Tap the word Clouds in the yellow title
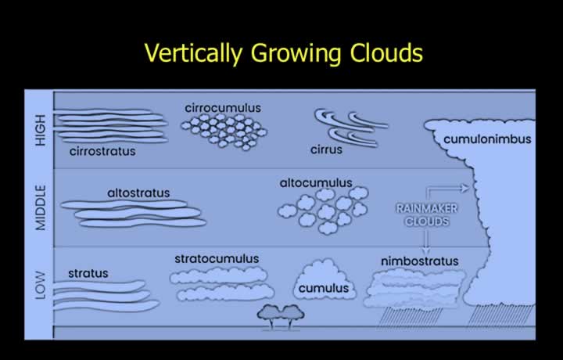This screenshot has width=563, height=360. [386, 52]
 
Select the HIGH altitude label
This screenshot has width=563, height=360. [41, 130]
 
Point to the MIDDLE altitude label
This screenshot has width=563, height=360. [41, 207]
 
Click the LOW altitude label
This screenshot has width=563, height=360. [41, 286]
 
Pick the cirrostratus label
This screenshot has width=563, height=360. [102, 151]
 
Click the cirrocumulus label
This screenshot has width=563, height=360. [223, 108]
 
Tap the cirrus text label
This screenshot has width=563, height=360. [326, 149]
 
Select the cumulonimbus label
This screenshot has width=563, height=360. [487, 139]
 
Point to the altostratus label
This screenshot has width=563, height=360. [138, 193]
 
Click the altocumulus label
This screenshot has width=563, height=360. [316, 183]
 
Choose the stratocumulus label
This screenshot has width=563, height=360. [217, 259]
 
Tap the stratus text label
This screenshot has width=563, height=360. [88, 273]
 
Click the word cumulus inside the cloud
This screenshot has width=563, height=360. [324, 288]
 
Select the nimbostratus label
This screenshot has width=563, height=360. [419, 261]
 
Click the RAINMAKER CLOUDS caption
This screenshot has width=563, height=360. [427, 215]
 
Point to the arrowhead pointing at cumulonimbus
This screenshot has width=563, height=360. [466, 188]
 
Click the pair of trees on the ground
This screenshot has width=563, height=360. [281, 316]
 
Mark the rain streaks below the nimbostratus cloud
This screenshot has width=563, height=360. [409, 317]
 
